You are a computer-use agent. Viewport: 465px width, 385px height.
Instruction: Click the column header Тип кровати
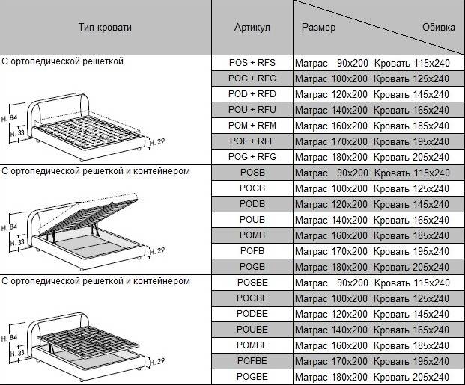(105, 27)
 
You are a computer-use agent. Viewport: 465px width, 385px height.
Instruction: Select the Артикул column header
(252, 27)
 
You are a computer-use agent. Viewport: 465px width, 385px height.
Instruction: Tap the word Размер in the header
(318, 28)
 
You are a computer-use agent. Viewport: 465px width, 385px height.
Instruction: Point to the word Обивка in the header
(439, 27)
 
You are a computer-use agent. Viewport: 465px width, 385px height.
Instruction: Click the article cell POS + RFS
(252, 63)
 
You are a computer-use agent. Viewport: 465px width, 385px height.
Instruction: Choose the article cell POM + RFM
(252, 126)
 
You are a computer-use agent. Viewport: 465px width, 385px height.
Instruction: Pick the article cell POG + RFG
(252, 157)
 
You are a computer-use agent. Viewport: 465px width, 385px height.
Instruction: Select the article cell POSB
(252, 173)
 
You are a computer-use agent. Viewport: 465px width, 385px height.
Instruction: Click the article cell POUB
(252, 220)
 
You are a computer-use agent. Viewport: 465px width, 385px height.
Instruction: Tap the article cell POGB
(252, 267)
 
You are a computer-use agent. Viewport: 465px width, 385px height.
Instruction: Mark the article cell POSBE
(252, 283)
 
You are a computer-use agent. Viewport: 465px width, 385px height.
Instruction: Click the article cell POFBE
(252, 361)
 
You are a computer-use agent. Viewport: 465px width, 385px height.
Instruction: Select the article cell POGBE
(252, 377)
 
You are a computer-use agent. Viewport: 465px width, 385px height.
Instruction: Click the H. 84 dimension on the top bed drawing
(9, 118)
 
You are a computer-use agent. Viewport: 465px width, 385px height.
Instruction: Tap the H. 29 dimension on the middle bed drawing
(157, 251)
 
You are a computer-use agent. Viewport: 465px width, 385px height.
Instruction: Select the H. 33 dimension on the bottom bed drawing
(17, 354)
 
